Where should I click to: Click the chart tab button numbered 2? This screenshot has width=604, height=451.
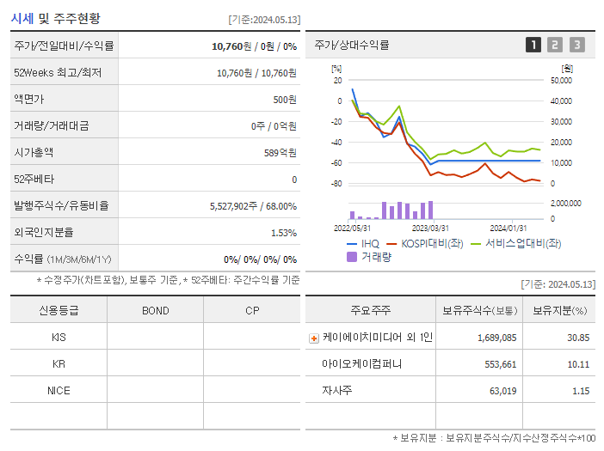(555, 45)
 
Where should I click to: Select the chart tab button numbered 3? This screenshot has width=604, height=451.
(576, 45)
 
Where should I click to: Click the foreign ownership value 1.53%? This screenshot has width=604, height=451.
(283, 233)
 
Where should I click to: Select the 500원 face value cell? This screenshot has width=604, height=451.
(285, 100)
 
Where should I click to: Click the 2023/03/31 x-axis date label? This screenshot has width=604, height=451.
(430, 228)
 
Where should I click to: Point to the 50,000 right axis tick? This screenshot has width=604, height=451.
(561, 81)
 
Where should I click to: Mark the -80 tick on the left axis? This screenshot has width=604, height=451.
(336, 184)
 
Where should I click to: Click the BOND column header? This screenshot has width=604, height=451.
(155, 310)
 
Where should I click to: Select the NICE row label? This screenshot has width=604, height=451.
(59, 391)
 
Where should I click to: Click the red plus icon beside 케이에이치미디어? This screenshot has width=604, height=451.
(314, 338)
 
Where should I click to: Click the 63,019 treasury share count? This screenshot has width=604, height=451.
(496, 391)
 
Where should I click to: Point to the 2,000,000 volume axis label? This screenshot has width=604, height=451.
(564, 204)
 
